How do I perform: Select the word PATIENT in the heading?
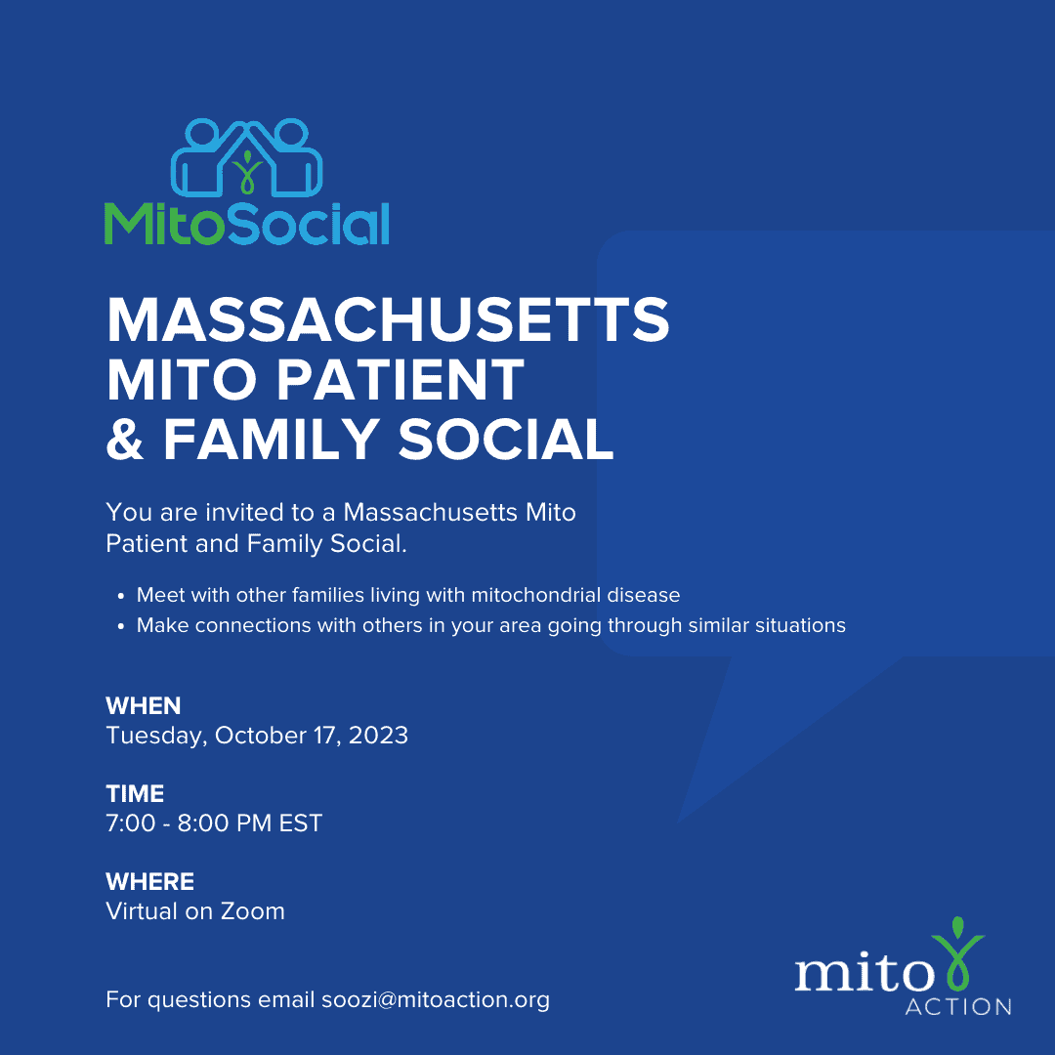point(401,379)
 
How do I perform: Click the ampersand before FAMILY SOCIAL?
point(125,439)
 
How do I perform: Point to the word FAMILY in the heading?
point(272,439)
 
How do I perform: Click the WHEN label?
point(144,706)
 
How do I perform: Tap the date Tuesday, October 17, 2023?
point(257,736)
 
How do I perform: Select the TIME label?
point(135,794)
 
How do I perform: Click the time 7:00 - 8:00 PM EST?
point(214,823)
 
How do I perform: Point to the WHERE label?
point(150,881)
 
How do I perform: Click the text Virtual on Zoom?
point(195,911)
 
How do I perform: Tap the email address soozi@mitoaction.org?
point(436,1000)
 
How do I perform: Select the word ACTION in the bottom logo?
point(958,1006)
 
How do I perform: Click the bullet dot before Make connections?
point(121,626)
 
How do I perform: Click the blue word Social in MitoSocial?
point(309,224)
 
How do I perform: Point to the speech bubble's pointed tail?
point(678,821)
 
